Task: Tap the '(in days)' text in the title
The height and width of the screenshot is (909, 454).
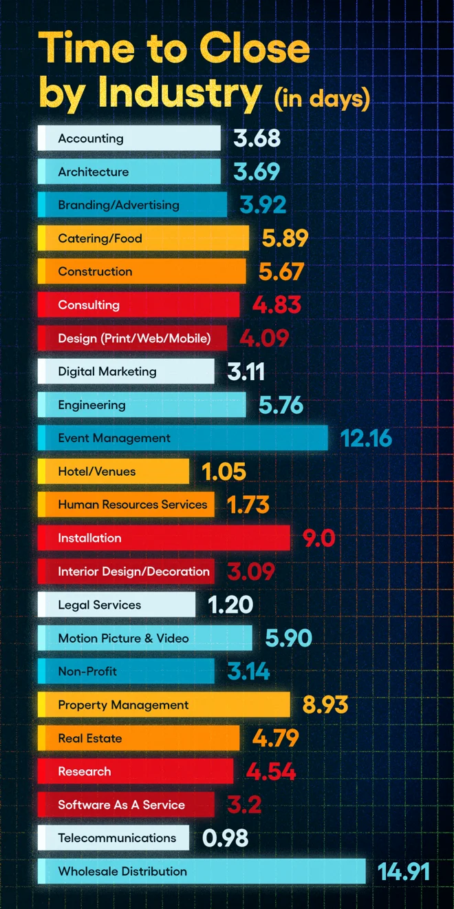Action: (x=322, y=98)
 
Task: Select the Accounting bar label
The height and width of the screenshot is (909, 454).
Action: (x=91, y=138)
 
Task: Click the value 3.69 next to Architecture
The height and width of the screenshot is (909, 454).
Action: (x=257, y=171)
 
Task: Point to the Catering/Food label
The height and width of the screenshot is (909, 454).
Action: (x=100, y=238)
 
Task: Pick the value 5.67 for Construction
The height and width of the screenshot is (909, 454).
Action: (x=281, y=271)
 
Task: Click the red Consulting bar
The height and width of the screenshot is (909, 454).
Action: (x=139, y=304)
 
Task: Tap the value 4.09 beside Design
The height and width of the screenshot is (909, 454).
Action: (x=264, y=337)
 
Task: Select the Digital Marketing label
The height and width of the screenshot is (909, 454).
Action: (x=107, y=371)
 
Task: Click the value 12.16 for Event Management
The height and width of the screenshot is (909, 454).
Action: (x=366, y=438)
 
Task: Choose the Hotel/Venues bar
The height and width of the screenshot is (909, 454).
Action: (x=113, y=471)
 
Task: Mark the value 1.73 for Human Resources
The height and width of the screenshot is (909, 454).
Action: (x=248, y=504)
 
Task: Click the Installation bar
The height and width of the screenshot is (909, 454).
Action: (x=164, y=538)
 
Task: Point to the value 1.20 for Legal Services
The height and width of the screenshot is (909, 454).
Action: (x=230, y=605)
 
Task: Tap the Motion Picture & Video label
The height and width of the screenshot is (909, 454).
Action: (x=124, y=638)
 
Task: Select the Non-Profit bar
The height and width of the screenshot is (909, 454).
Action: (x=126, y=671)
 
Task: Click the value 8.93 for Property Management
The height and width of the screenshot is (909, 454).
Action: (x=325, y=704)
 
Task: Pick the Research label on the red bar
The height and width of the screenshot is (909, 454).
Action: (x=85, y=771)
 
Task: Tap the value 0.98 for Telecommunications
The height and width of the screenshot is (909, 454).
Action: (x=226, y=838)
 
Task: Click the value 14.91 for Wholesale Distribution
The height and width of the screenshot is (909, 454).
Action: (x=403, y=871)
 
